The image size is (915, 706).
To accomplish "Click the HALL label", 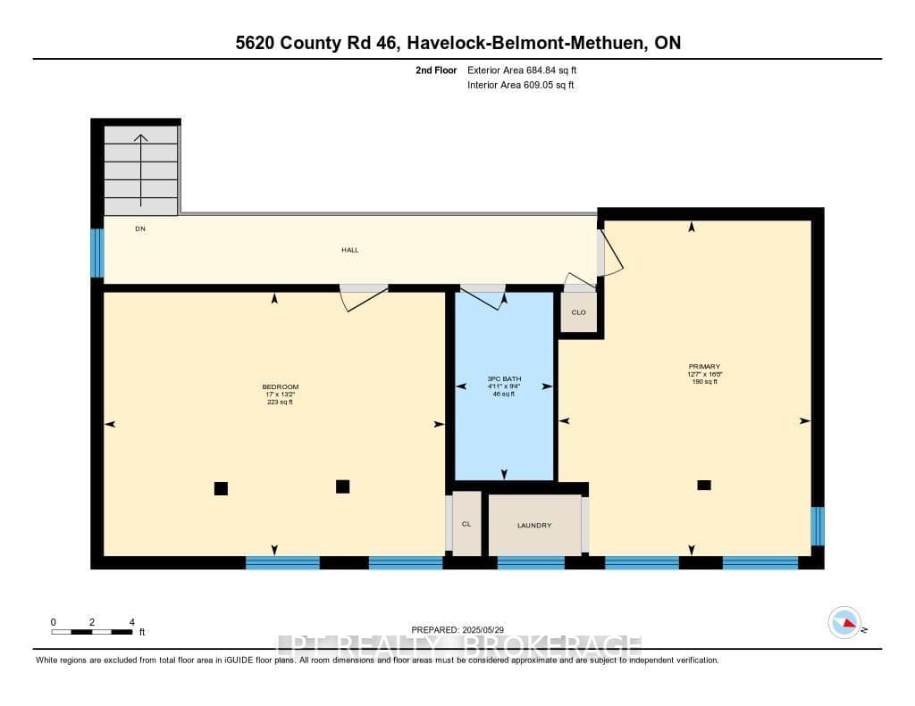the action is (x=350, y=250).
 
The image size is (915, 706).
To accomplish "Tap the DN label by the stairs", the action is (x=140, y=229).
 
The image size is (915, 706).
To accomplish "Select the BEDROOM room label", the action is (x=280, y=387).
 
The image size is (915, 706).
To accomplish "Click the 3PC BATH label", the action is (x=504, y=379).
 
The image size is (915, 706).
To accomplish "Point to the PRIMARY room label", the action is (x=704, y=367).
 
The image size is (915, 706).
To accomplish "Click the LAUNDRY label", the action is (x=534, y=526).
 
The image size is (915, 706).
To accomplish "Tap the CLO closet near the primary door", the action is (x=579, y=312).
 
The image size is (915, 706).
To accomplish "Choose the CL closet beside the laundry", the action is (x=466, y=524).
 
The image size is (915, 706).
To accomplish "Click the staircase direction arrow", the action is (x=140, y=170).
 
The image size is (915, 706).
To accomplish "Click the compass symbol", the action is (x=844, y=622).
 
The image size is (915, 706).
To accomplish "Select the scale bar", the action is (x=92, y=632).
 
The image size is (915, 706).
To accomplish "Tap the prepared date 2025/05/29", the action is (x=483, y=629).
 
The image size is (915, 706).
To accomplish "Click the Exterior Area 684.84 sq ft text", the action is (x=522, y=70).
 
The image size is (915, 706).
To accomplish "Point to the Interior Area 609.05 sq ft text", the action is (x=521, y=85).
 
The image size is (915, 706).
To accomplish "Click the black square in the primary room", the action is (x=704, y=485).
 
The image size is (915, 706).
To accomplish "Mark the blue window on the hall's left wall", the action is (x=97, y=253).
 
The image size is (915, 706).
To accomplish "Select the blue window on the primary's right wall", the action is (x=818, y=526).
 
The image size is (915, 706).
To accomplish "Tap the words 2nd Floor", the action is (x=436, y=70).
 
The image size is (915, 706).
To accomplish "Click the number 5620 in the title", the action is (x=255, y=43).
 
